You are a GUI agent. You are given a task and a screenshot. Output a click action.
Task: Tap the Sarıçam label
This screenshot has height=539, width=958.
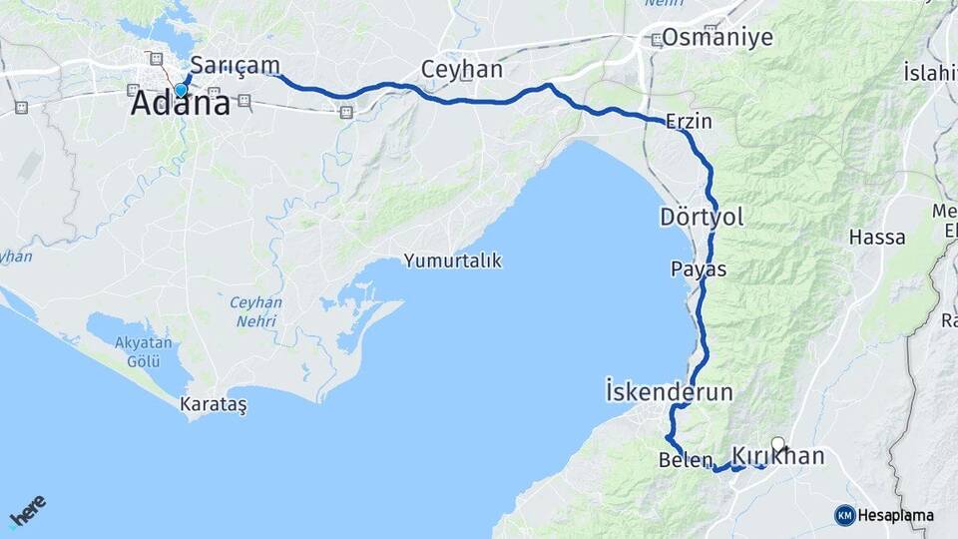(235, 65)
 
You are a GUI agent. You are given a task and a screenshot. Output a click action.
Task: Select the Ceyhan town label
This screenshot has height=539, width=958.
(461, 71)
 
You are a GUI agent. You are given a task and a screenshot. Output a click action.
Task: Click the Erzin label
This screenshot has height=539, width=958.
(689, 122)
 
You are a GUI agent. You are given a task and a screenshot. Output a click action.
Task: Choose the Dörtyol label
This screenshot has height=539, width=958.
(702, 217)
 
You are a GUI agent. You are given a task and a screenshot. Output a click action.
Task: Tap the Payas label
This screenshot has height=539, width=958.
(699, 269)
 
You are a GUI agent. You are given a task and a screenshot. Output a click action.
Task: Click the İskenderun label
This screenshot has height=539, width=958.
(669, 391)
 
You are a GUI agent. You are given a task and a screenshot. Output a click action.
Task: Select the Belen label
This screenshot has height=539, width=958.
(686, 460)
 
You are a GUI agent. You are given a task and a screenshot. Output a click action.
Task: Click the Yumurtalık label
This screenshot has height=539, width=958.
(452, 261)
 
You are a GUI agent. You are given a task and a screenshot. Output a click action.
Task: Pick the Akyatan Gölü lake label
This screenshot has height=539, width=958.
(145, 351)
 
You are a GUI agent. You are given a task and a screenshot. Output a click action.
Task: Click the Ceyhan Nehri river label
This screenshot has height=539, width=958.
(256, 311)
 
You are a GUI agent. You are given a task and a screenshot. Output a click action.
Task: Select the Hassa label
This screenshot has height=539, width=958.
(877, 238)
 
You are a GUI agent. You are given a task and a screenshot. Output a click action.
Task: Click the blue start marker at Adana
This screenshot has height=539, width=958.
(181, 90)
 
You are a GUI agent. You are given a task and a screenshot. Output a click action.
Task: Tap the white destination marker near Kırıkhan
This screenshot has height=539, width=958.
(777, 443)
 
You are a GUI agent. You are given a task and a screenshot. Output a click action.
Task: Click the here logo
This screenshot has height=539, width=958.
(28, 511)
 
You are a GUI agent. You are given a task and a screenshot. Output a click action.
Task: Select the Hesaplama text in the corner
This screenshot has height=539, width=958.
(895, 515)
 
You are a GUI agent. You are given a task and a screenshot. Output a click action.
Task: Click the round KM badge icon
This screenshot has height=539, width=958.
(844, 515)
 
